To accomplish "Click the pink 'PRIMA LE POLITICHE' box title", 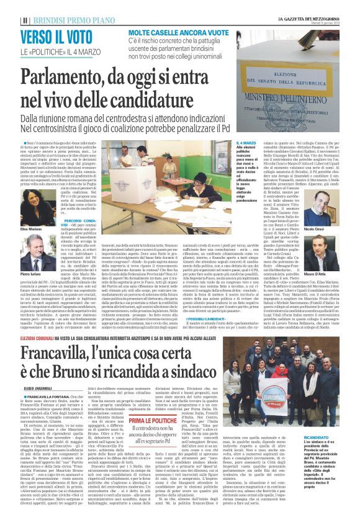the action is coord(140,421).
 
